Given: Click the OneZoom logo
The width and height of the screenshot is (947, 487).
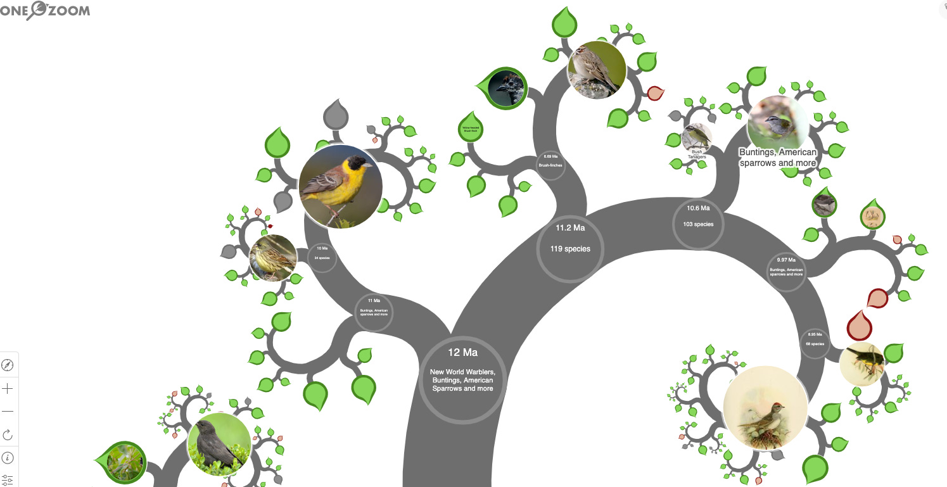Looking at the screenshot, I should (x=45, y=10).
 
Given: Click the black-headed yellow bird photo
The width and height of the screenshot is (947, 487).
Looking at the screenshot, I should (x=341, y=186).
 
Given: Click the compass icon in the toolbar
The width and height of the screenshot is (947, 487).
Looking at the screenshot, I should (x=8, y=365).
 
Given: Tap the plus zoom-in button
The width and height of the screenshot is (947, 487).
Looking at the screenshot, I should (x=8, y=388).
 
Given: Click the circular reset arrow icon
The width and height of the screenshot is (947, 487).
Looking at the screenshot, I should (x=8, y=435).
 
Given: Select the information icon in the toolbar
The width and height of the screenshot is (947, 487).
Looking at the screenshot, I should (x=8, y=458).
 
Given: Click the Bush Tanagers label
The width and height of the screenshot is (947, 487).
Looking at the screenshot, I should (x=697, y=154).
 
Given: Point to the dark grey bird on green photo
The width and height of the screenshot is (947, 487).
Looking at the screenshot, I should (x=219, y=445).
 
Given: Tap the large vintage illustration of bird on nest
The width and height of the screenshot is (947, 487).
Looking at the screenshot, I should (x=765, y=407).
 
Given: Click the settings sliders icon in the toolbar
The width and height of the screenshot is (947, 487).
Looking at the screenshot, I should (x=8, y=480).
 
